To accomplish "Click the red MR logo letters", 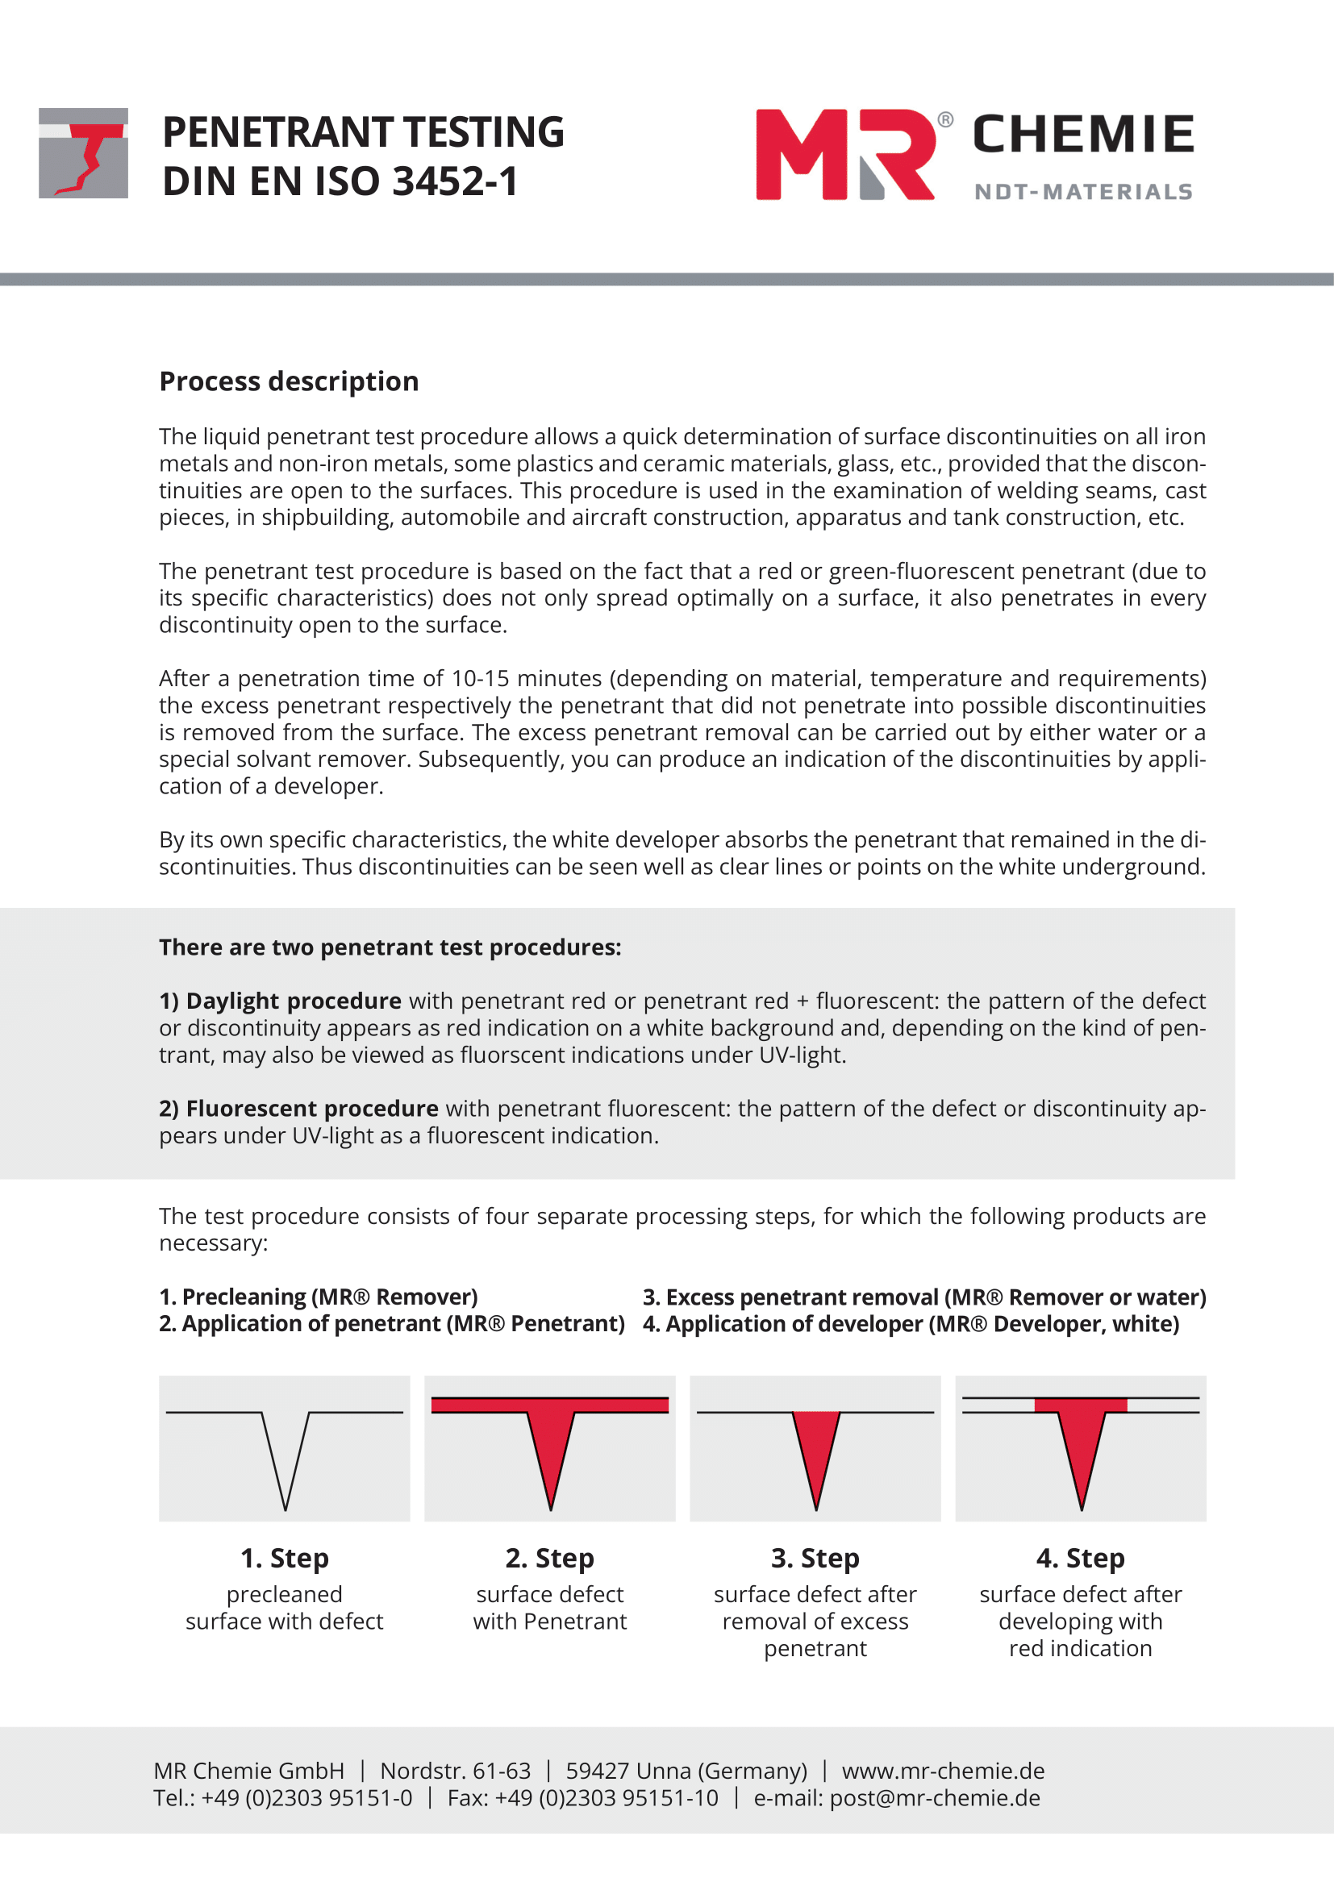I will pos(844,155).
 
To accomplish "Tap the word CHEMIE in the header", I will pos(1082,135).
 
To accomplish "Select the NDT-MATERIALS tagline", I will pos(1082,192).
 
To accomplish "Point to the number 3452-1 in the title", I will pos(455,181).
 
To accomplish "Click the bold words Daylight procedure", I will pos(294,1001).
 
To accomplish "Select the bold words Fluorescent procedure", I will pos(312,1108).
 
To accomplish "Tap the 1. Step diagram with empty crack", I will pos(284,1448).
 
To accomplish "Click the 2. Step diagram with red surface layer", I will pos(549,1448).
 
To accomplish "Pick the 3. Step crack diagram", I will pos(815,1448).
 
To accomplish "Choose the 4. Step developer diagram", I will pos(1080,1448).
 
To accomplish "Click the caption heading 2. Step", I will pos(549,1558).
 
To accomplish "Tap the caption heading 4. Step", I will pos(1080,1558).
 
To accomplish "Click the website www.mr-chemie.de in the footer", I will pos(943,1770).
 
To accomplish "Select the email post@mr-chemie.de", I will pos(935,1797).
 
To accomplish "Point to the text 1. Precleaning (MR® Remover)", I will pos(318,1297).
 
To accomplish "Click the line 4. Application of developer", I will pos(910,1323).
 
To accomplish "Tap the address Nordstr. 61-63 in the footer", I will pos(455,1770).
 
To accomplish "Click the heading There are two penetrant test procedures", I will pos(390,947).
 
